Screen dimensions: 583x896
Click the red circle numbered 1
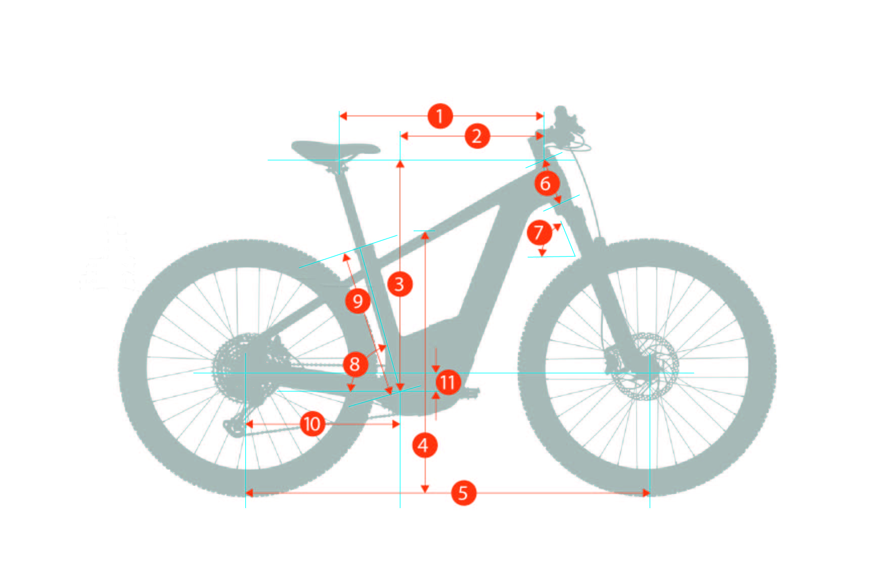click(x=440, y=116)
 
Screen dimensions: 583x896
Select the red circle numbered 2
click(x=477, y=136)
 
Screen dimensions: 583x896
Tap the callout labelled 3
click(x=399, y=284)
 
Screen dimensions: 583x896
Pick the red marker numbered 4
click(x=424, y=446)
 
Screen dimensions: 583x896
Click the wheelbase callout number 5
click(x=463, y=493)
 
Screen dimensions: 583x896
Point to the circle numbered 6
click(x=546, y=183)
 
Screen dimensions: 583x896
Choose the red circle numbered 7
click(x=539, y=233)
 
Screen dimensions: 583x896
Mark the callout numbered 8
click(x=355, y=364)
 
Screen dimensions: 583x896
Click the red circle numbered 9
click(x=357, y=302)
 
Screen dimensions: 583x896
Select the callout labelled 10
click(x=312, y=424)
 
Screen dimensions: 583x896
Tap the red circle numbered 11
click(x=447, y=382)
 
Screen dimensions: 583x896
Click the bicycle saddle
click(x=334, y=148)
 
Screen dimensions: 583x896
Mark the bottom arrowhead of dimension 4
click(x=425, y=488)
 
